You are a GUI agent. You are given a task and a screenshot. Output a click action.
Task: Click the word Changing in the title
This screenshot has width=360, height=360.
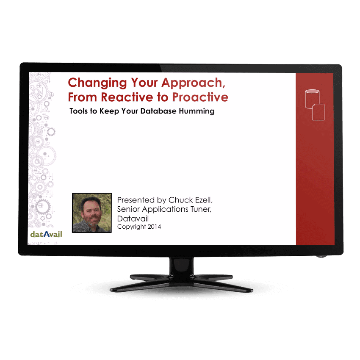tap(97, 83)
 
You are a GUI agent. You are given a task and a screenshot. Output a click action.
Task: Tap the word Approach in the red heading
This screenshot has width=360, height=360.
tap(193, 83)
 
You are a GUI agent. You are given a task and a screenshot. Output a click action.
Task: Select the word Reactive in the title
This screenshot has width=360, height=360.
tap(127, 97)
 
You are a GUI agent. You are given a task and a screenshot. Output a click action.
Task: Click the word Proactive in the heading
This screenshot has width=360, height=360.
tap(200, 97)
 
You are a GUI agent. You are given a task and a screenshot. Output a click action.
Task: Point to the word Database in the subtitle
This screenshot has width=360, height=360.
tap(158, 111)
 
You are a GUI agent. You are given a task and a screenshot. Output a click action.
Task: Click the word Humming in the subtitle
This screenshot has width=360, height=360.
tap(197, 111)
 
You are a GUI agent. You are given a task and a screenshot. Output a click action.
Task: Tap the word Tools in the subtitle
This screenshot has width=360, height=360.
tap(78, 111)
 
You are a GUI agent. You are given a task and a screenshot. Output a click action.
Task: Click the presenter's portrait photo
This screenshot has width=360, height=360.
tap(92, 213)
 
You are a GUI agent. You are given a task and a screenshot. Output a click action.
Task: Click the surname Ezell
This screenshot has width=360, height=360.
tap(204, 200)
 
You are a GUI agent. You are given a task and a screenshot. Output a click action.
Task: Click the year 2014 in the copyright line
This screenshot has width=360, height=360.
tap(154, 227)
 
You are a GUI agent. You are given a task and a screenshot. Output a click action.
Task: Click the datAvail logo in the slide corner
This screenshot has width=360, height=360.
tap(46, 234)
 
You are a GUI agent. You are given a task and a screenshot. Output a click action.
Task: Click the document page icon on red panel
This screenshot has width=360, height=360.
tap(318, 112)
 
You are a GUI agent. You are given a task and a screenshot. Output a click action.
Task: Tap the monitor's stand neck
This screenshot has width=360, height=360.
tap(182, 266)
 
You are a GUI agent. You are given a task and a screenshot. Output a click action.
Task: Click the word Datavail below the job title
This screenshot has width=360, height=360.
tap(133, 219)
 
